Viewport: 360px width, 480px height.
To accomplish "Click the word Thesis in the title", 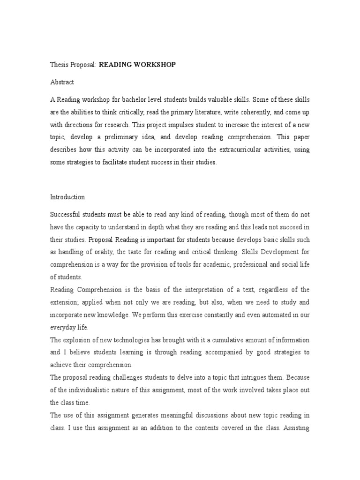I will [60, 65].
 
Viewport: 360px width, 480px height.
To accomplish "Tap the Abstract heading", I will [62, 82].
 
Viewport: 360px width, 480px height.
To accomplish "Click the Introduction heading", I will [67, 197].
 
